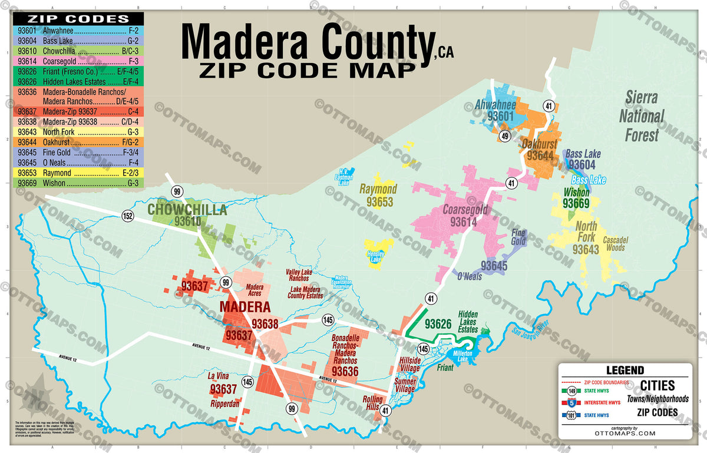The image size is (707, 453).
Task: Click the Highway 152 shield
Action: click(x=128, y=216)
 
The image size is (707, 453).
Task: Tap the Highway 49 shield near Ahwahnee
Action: click(x=505, y=136)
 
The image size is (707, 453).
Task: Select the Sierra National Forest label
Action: click(x=641, y=116)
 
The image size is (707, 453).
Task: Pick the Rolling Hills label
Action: click(x=372, y=402)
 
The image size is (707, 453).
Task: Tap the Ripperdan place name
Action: click(x=224, y=404)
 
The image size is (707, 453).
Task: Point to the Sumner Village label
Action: click(x=405, y=385)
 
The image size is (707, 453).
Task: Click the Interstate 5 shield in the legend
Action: click(x=571, y=404)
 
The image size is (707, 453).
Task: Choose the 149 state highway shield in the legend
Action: click(x=571, y=391)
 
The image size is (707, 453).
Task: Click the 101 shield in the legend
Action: click(x=571, y=415)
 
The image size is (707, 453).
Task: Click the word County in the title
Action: click(x=372, y=42)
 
